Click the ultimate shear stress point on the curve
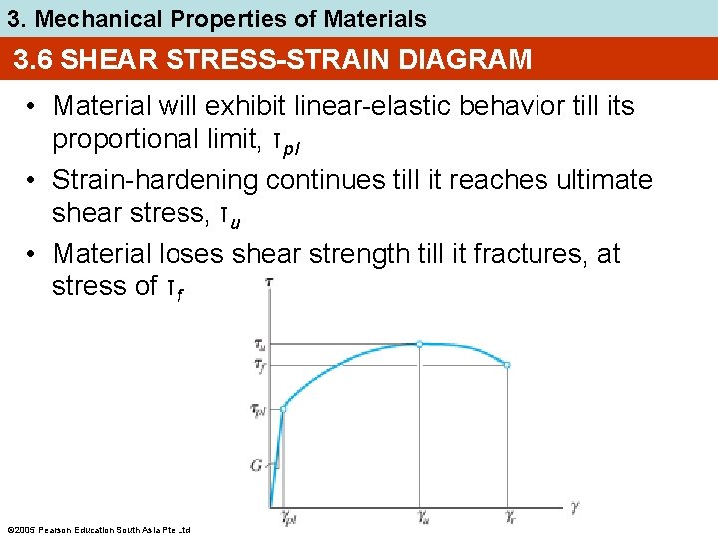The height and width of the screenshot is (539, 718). click(x=419, y=344)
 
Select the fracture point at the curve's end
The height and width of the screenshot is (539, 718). click(x=507, y=365)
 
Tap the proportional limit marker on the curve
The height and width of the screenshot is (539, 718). click(x=283, y=409)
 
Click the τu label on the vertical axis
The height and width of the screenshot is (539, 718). click(x=259, y=345)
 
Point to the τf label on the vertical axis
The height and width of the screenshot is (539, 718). click(x=259, y=366)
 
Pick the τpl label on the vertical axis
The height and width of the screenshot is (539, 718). click(x=258, y=410)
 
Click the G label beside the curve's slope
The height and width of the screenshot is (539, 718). click(x=256, y=464)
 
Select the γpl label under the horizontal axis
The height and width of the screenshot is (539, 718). click(x=289, y=519)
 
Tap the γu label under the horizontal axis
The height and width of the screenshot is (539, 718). click(x=424, y=519)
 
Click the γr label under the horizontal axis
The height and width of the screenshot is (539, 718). click(x=511, y=519)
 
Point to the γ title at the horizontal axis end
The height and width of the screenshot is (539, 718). click(x=575, y=507)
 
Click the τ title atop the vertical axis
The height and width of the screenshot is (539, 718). click(x=269, y=284)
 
